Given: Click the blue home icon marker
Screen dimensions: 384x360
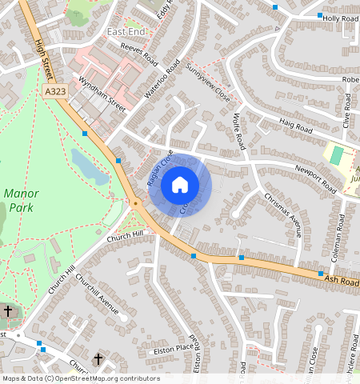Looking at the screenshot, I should (180, 185).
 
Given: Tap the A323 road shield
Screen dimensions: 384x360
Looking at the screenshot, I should (55, 94).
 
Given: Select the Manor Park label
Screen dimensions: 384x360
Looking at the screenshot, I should (22, 200).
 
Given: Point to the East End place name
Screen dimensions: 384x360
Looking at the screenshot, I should (126, 31).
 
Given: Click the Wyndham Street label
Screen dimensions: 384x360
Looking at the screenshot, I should (102, 94).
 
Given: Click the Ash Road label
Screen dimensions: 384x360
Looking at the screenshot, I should (342, 279).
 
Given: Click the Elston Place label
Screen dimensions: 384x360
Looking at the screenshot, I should (173, 350).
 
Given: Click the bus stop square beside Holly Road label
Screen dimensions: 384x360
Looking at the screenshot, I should (320, 15).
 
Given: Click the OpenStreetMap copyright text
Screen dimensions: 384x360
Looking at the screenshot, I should (80, 378).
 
